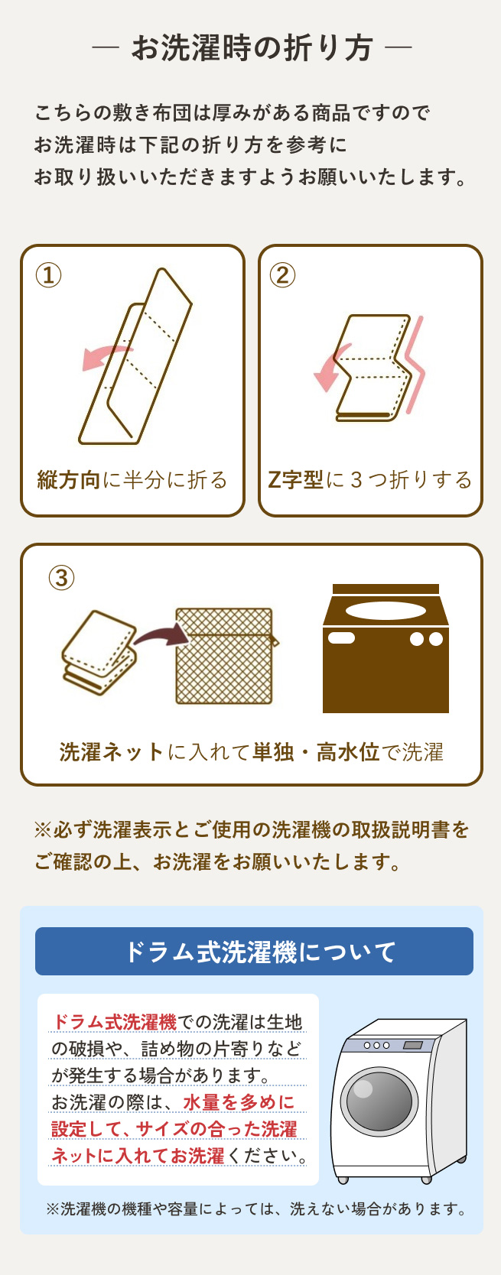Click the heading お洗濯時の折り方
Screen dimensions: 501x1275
[x=252, y=48]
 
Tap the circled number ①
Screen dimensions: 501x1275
[x=48, y=275]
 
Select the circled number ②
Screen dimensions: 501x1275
[x=282, y=275]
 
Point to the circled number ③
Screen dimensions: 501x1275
[x=61, y=579]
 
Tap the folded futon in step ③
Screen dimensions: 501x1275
[x=99, y=652]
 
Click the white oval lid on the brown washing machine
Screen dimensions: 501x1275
[x=386, y=610]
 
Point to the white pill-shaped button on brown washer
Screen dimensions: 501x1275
[x=342, y=638]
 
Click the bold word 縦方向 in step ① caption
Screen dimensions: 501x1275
[x=69, y=480]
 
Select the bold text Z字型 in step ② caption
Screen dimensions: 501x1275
[x=295, y=480]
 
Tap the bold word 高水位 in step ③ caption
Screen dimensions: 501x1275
[x=348, y=752]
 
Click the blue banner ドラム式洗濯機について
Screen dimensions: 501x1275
[x=254, y=951]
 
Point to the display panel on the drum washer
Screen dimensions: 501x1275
[x=413, y=1045]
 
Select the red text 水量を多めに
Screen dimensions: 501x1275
[x=239, y=1102]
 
